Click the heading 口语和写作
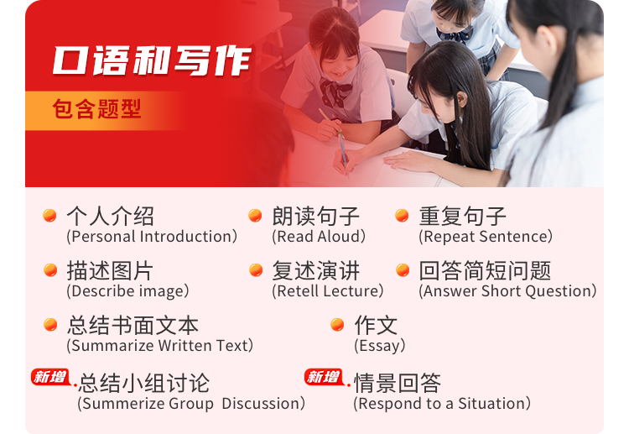point(152,60)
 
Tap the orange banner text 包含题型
point(96,109)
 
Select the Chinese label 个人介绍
point(111,216)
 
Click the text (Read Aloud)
point(319,237)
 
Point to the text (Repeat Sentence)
point(486,237)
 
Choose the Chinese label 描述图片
point(110,270)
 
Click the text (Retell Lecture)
point(327,291)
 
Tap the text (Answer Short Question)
point(507,291)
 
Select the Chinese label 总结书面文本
point(133,325)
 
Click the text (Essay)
point(379,346)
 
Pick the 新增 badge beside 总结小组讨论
point(50,377)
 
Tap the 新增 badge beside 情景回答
point(324,377)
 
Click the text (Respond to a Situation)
point(442,404)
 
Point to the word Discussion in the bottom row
point(260,404)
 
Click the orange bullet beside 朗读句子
point(255,216)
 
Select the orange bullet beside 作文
point(337,325)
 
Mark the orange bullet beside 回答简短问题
point(403,270)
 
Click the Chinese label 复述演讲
point(316,270)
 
